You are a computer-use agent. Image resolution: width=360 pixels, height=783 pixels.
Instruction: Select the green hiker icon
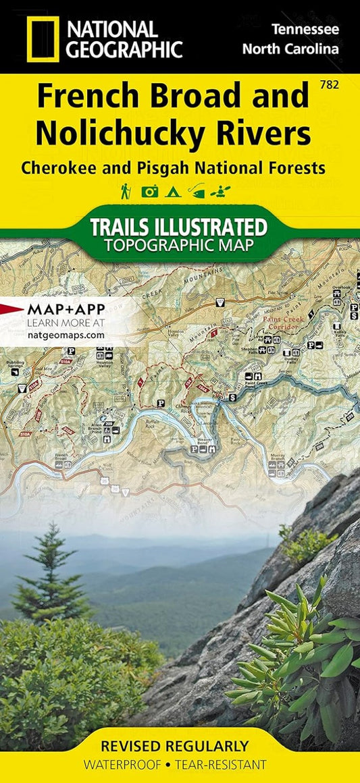point(126,190)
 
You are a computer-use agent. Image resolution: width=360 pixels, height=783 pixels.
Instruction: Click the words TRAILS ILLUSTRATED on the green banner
point(179,226)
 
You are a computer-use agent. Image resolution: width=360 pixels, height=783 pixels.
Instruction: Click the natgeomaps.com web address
point(66,334)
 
